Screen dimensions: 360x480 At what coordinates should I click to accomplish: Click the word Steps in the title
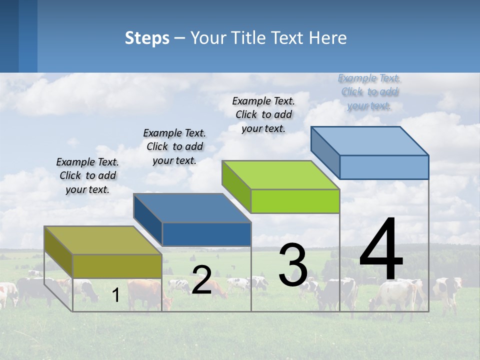coord(147,38)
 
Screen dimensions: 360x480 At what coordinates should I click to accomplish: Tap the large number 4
coord(381,250)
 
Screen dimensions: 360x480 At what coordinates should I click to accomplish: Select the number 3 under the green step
coord(293,265)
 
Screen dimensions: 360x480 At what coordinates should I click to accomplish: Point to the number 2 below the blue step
coord(201,280)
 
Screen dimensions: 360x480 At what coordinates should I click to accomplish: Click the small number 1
coord(116,295)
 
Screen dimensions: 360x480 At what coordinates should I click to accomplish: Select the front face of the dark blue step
coord(206,234)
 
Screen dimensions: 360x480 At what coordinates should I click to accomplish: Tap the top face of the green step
coord(280,175)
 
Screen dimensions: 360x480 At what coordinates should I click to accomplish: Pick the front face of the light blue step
coord(384,167)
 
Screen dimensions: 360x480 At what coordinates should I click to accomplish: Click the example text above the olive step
coord(87,176)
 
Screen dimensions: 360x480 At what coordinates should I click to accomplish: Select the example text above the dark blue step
coord(174,146)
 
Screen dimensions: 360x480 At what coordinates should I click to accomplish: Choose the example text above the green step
coord(263,114)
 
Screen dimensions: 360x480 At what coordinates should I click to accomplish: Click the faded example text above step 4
coord(369,92)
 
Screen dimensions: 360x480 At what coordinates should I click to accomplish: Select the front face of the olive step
coord(117,266)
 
